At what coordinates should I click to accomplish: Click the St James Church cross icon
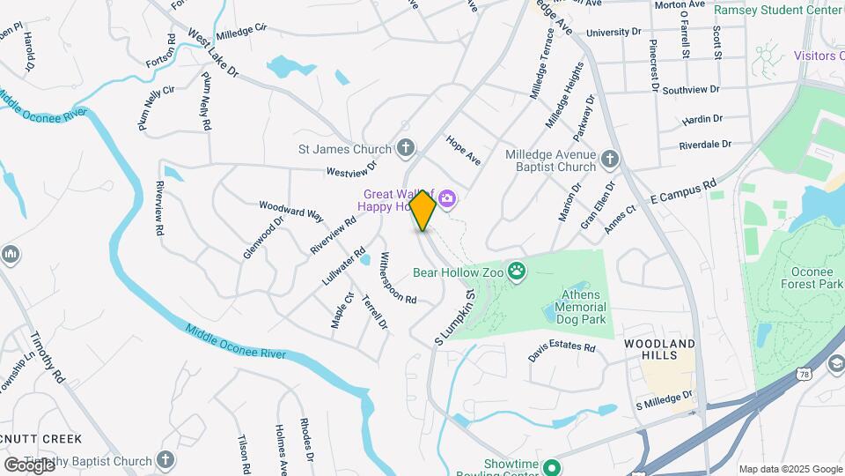tap(405, 147)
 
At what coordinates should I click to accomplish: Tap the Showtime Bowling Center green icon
tap(551, 466)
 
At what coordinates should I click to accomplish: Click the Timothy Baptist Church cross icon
tap(165, 460)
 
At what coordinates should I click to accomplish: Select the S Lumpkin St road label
tap(455, 317)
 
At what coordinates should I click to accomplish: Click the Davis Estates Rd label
tap(562, 351)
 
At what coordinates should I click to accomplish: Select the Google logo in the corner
tap(29, 464)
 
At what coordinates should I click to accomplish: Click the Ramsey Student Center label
tap(777, 10)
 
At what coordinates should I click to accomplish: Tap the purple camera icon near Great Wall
tap(447, 199)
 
